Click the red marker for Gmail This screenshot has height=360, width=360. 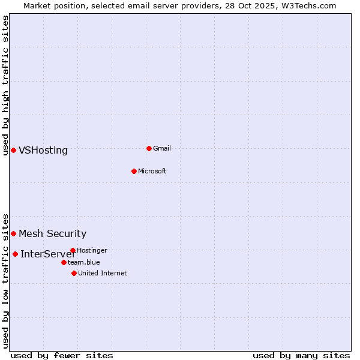pos(149,148)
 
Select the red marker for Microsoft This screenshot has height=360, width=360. pos(134,171)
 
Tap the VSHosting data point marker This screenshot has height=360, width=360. pos(13,150)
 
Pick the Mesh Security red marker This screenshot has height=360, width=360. pos(13,233)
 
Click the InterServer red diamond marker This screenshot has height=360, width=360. pos(15,254)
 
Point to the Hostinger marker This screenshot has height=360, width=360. pos(73,250)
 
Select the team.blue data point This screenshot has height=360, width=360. pos(64,262)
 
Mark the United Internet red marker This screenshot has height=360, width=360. pos(74,273)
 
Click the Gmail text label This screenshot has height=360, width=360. pos(162,148)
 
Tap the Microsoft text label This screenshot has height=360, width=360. pos(152,171)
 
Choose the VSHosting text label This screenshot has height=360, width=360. pos(43,151)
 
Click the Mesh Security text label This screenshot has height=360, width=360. pos(53,234)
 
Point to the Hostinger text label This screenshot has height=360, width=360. pos(92,250)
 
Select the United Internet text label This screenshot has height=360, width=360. pos(103,273)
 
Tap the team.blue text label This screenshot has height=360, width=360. pos(84,262)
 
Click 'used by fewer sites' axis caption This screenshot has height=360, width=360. pos(62,355)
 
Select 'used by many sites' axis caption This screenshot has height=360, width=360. pos(301,355)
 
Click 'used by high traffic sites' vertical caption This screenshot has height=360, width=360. pos(5,85)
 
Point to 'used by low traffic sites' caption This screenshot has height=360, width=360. pos(5,281)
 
